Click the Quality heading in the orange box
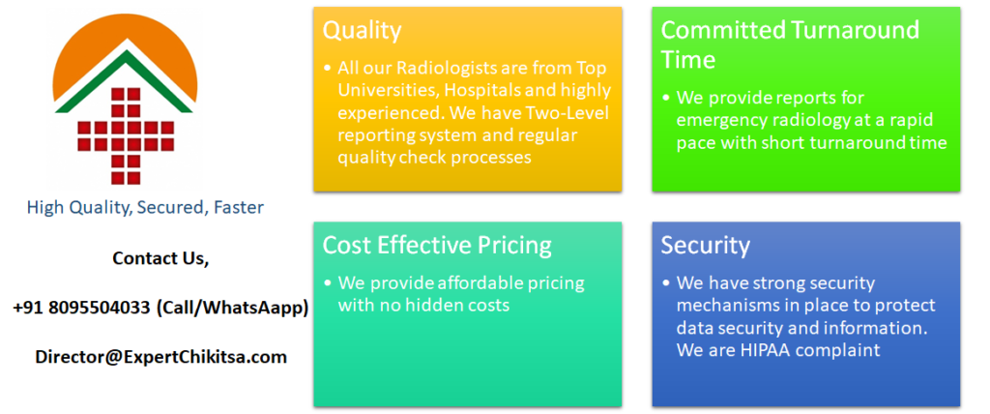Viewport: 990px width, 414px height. click(362, 31)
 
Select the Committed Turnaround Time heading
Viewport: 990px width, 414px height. click(790, 44)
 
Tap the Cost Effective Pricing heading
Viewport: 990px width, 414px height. click(437, 246)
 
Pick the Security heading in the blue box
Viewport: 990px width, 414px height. click(705, 246)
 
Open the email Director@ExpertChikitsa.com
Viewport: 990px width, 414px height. click(160, 356)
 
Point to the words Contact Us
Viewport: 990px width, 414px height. click(160, 258)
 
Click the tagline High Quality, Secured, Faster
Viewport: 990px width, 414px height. click(145, 207)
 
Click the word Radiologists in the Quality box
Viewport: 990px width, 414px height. click(451, 68)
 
